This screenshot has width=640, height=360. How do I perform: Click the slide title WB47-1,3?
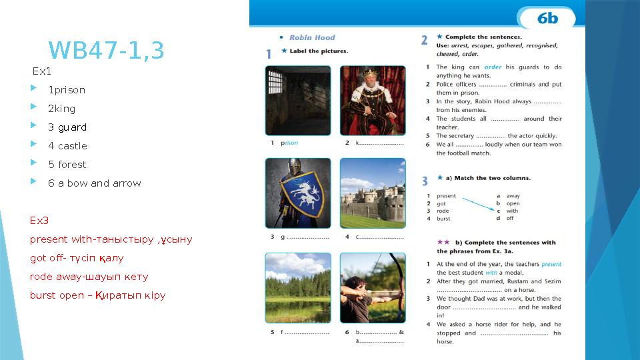pyautogui.click(x=107, y=50)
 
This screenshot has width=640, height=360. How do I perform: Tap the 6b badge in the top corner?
pyautogui.click(x=547, y=18)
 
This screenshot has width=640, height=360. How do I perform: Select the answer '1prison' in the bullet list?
pyautogui.click(x=67, y=90)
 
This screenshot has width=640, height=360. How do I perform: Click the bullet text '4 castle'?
pyautogui.click(x=67, y=146)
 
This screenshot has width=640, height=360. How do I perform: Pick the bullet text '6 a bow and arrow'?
pyautogui.click(x=94, y=183)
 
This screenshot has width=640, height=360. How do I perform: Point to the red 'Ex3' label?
pyautogui.click(x=39, y=221)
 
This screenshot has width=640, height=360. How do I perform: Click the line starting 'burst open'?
pyautogui.click(x=97, y=295)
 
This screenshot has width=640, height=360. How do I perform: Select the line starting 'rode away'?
pyautogui.click(x=89, y=277)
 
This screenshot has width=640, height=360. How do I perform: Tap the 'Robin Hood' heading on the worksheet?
pyautogui.click(x=312, y=37)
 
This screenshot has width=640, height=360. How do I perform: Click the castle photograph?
pyautogui.click(x=372, y=193)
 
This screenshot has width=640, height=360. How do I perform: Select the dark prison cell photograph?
pyautogui.click(x=298, y=101)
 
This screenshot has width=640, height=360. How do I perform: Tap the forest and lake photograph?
pyautogui.click(x=298, y=287)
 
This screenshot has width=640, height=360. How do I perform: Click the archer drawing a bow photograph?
pyautogui.click(x=372, y=287)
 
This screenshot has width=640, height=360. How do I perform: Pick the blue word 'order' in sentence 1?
pyautogui.click(x=493, y=67)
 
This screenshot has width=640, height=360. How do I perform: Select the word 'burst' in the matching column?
pyautogui.click(x=443, y=219)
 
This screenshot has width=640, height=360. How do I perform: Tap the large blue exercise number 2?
pyautogui.click(x=424, y=41)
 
